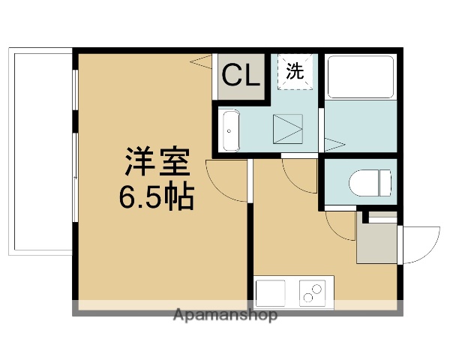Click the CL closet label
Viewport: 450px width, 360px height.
241,75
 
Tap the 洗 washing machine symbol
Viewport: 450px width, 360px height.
295,71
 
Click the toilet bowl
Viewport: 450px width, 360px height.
371,182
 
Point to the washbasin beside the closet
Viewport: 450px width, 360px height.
229,130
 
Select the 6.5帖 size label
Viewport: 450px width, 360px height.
155,196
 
